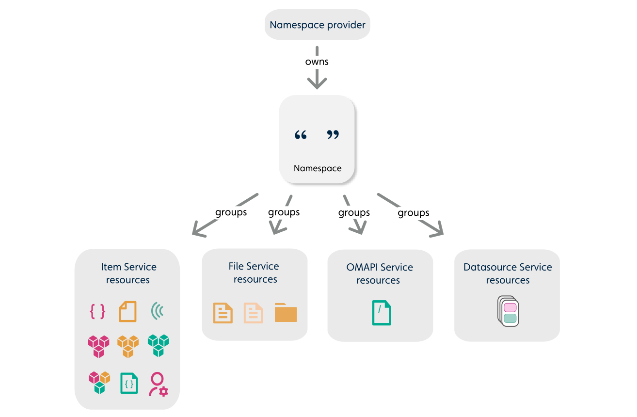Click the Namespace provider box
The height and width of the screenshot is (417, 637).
[318, 25]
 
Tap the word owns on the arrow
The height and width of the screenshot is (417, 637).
[317, 62]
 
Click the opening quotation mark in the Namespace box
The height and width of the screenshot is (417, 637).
[301, 135]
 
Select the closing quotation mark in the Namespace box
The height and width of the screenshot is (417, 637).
[333, 135]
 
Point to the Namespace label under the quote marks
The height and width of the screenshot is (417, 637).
[318, 169]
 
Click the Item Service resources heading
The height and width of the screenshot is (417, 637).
[128, 273]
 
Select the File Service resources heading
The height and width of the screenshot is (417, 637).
[255, 273]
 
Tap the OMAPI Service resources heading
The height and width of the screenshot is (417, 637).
[380, 273]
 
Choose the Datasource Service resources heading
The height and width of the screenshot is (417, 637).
[508, 273]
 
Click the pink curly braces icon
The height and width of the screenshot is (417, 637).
[97, 311]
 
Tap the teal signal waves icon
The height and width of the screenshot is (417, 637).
[157, 311]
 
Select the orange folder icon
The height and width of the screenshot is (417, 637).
[286, 313]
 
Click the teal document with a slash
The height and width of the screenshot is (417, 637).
[382, 313]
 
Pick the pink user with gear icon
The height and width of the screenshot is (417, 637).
[158, 384]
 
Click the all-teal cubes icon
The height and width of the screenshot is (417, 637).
[159, 345]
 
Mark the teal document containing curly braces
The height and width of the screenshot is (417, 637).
[129, 384]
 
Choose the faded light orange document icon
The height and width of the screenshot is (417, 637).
[253, 313]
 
